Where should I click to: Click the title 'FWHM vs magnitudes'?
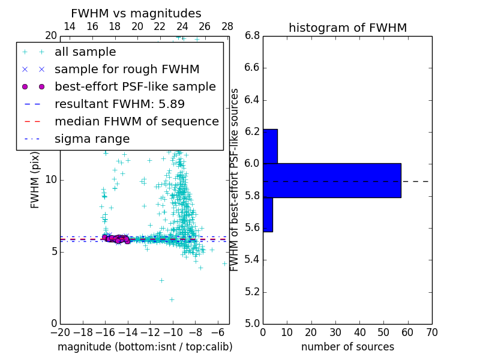pyautogui.click(x=136, y=13)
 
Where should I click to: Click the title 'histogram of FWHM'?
pyautogui.click(x=347, y=28)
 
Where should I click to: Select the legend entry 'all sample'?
pyautogui.click(x=85, y=52)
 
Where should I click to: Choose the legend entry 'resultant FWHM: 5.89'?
pyautogui.click(x=119, y=104)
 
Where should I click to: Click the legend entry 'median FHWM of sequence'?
pyautogui.click(x=136, y=121)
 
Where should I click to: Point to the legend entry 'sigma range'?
pyautogui.click(x=92, y=139)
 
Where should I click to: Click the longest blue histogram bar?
pyautogui.click(x=332, y=180)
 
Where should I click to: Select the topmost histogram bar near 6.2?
pyautogui.click(x=270, y=146)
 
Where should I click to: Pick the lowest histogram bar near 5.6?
pyautogui.click(x=268, y=214)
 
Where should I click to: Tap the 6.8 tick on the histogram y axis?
pyautogui.click(x=252, y=35)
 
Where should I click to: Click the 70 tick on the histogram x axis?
pyautogui.click(x=431, y=332)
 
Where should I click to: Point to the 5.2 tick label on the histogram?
pyautogui.click(x=252, y=292)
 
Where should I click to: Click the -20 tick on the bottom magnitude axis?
pyautogui.click(x=60, y=332)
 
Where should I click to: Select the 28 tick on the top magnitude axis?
pyautogui.click(x=227, y=26)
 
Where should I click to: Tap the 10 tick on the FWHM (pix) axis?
pyautogui.click(x=51, y=179)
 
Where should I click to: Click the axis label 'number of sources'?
pyautogui.click(x=347, y=347)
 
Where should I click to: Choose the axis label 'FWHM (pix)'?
pyautogui.click(x=35, y=180)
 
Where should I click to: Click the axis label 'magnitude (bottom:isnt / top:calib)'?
pyautogui.click(x=145, y=347)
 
